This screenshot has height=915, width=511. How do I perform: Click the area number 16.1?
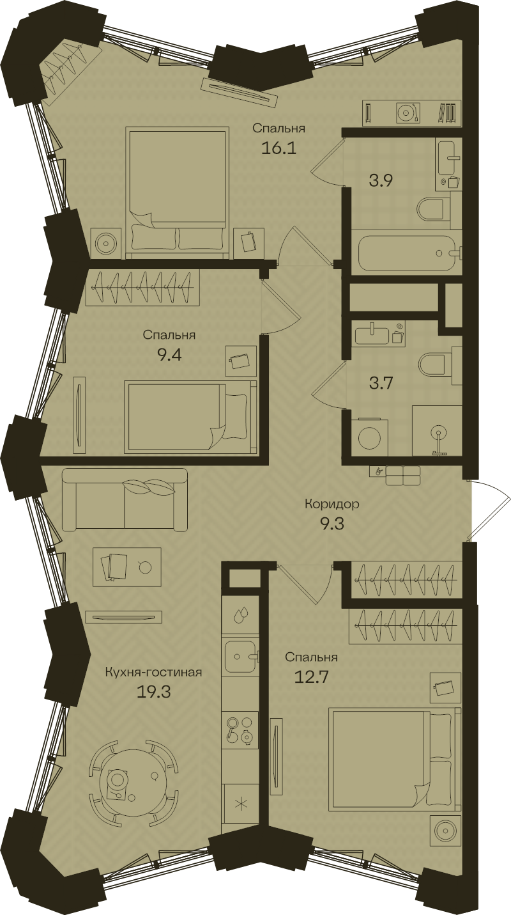pos(278,148)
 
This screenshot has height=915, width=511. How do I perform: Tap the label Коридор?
pos(332,504)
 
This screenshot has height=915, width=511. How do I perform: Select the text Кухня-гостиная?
pos(153,672)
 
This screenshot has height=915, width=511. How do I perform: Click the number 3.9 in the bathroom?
pos(381,180)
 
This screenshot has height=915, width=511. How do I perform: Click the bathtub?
pos(406,252)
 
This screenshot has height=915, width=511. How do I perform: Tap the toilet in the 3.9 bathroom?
pos(434,210)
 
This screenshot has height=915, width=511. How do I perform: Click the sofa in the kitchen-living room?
pos(125,499)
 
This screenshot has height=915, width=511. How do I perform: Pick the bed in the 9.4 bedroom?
pos(190,416)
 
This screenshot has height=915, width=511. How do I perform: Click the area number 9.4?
pos(169,355)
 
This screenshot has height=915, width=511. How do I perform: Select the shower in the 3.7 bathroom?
pos(437,431)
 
